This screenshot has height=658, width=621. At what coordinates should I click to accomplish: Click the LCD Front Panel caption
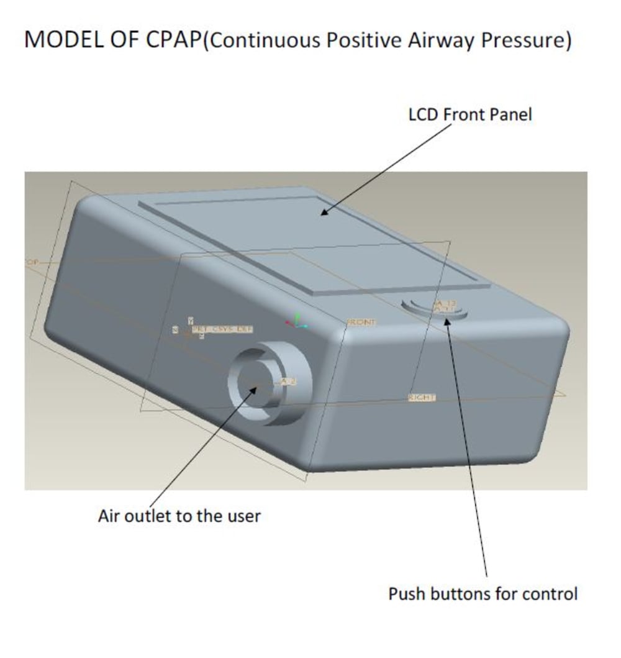tap(470, 115)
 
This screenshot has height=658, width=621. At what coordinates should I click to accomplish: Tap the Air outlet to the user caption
tap(179, 516)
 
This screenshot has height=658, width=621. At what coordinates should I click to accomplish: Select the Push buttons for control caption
tap(483, 593)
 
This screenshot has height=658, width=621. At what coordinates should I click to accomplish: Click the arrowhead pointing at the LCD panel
tap(323, 213)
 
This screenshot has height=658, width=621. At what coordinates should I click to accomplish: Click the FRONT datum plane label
tap(361, 322)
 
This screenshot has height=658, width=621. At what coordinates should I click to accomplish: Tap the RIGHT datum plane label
tap(422, 397)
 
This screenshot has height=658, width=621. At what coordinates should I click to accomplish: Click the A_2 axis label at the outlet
tap(288, 381)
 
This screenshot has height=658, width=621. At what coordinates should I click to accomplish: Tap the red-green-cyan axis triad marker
tap(297, 321)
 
